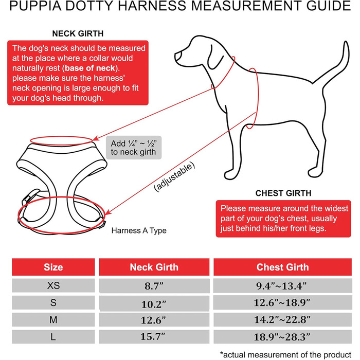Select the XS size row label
53,285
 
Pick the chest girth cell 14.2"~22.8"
282,320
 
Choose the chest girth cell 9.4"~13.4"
282,285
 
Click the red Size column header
53,267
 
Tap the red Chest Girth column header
282,267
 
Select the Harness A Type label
139,231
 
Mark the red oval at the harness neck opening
63,139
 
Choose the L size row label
53,337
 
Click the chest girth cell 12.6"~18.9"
282,302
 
